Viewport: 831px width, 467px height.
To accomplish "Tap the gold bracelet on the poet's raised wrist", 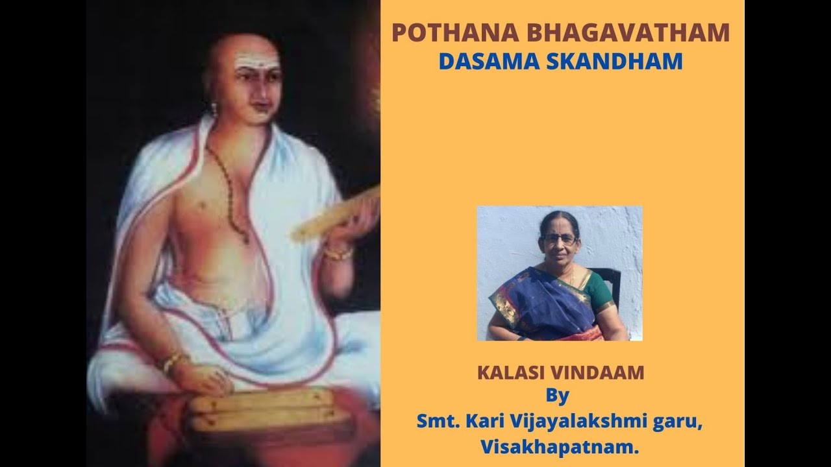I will (x=338, y=252).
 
